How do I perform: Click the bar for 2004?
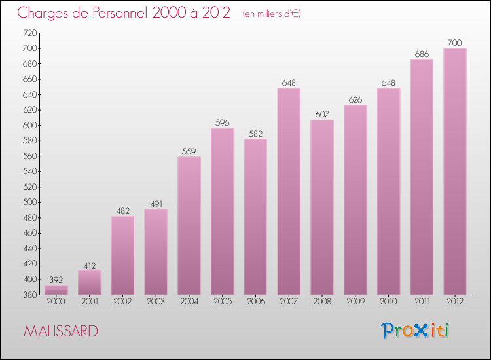(189, 226)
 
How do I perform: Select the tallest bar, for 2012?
(455, 171)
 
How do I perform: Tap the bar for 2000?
(56, 290)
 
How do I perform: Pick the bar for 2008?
(322, 207)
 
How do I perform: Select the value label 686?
(422, 53)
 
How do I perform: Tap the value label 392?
(56, 279)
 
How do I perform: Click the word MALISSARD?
(61, 331)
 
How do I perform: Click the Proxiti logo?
(416, 331)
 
